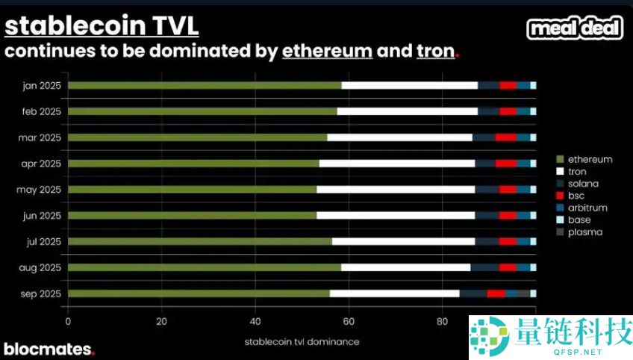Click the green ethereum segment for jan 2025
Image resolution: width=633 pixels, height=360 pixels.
click(205, 85)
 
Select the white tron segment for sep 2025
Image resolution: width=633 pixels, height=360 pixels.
click(394, 294)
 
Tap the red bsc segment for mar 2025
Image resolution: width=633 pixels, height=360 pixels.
click(505, 137)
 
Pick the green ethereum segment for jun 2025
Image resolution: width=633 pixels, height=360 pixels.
click(192, 215)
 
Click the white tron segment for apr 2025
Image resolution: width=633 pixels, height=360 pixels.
click(396, 163)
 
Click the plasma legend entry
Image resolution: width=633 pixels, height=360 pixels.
click(584, 232)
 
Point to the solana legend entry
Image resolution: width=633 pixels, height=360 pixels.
click(583, 184)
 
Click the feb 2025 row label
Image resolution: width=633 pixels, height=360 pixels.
click(41, 111)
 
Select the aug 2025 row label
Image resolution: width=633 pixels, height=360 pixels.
click(41, 267)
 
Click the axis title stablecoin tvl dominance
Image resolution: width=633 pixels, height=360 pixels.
click(301, 341)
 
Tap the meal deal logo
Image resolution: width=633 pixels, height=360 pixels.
click(575, 28)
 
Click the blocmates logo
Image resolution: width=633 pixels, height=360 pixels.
click(49, 349)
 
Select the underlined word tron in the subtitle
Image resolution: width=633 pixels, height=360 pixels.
click(434, 51)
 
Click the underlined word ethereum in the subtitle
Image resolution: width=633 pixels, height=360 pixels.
click(327, 51)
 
